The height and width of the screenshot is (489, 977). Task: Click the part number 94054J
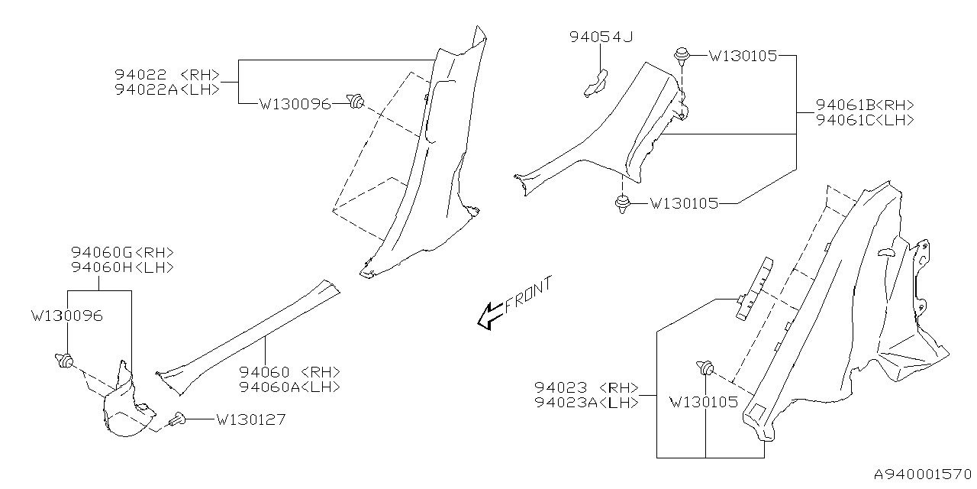click(x=601, y=36)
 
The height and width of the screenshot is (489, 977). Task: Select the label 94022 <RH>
click(x=167, y=74)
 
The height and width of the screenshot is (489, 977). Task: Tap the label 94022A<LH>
click(x=167, y=89)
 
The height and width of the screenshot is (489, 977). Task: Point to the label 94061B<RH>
click(x=865, y=105)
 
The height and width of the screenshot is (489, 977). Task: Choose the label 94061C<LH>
click(x=865, y=119)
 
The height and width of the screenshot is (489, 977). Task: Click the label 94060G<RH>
click(x=123, y=252)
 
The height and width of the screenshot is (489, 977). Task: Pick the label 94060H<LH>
click(x=123, y=267)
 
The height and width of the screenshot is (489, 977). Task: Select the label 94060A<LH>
click(x=289, y=387)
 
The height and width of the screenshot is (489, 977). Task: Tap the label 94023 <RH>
click(x=586, y=387)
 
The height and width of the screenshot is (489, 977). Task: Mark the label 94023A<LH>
click(x=586, y=402)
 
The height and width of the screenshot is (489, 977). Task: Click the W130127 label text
click(x=250, y=419)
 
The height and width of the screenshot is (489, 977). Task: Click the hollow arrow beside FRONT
click(x=488, y=315)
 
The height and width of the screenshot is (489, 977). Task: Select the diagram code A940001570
click(x=922, y=475)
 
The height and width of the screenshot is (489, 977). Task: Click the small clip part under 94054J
click(x=595, y=83)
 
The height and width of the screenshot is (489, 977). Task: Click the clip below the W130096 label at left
click(x=64, y=359)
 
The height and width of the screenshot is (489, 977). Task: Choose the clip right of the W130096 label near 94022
click(x=355, y=100)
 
